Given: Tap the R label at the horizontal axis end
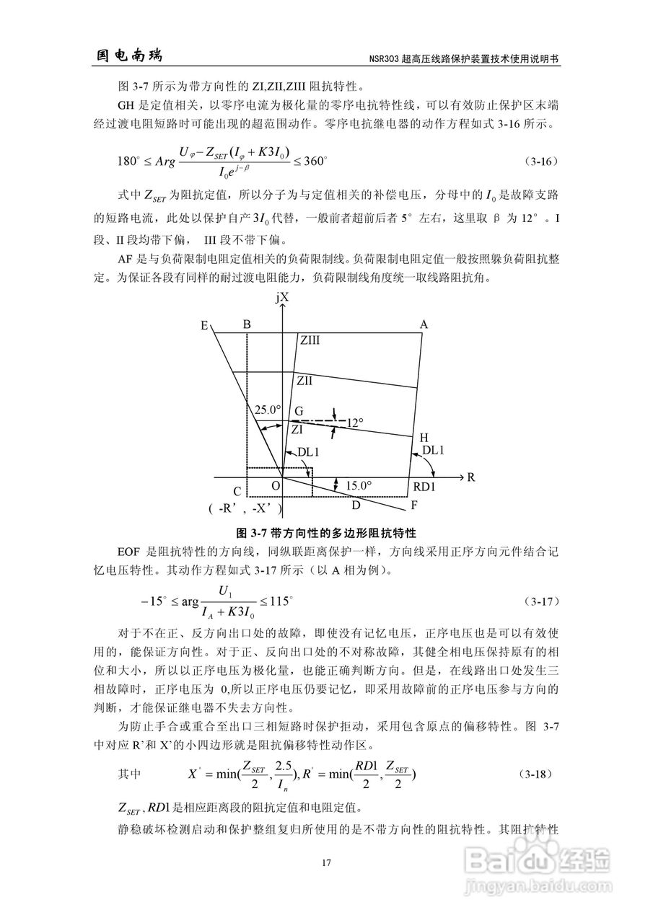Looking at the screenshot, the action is tap(470, 477).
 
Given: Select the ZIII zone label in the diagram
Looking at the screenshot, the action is tap(310, 340).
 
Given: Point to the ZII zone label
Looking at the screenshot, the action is tap(304, 380).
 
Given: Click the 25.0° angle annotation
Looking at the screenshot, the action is tap(266, 410).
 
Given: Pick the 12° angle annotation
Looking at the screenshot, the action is tap(355, 423).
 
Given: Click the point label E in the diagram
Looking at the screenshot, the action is tap(204, 326).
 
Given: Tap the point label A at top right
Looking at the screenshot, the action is tap(424, 325).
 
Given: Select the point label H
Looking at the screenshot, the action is tap(424, 438).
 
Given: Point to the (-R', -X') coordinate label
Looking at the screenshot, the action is tap(245, 508).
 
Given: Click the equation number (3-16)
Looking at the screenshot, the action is tap(538, 162).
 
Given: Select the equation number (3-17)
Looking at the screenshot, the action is tap(538, 600).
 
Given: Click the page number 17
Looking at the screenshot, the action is tap(326, 863).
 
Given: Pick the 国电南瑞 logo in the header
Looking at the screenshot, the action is tap(130, 56).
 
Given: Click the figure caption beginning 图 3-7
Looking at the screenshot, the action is tap(327, 533).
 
